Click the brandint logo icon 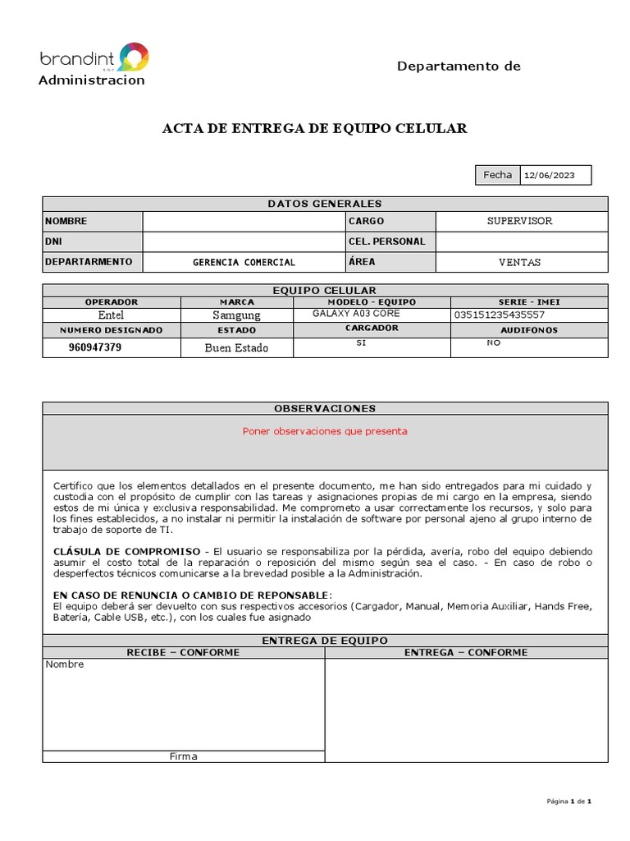pos(134,57)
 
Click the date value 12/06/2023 pos(550,176)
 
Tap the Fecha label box pos(497,175)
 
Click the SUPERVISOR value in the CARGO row pos(521,221)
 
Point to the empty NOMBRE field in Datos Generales pos(244,221)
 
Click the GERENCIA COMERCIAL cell pos(244,262)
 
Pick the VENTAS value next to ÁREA pos(520,262)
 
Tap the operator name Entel pos(112,315)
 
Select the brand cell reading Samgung pos(236,315)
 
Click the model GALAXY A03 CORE pos(354,314)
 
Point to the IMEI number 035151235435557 pos(498,315)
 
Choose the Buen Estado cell pos(236,347)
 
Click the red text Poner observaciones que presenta pos(325,431)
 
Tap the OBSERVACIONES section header pos(325,408)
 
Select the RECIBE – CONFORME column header pos(183,652)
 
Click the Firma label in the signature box pos(183,756)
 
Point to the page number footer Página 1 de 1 pos(568,801)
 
